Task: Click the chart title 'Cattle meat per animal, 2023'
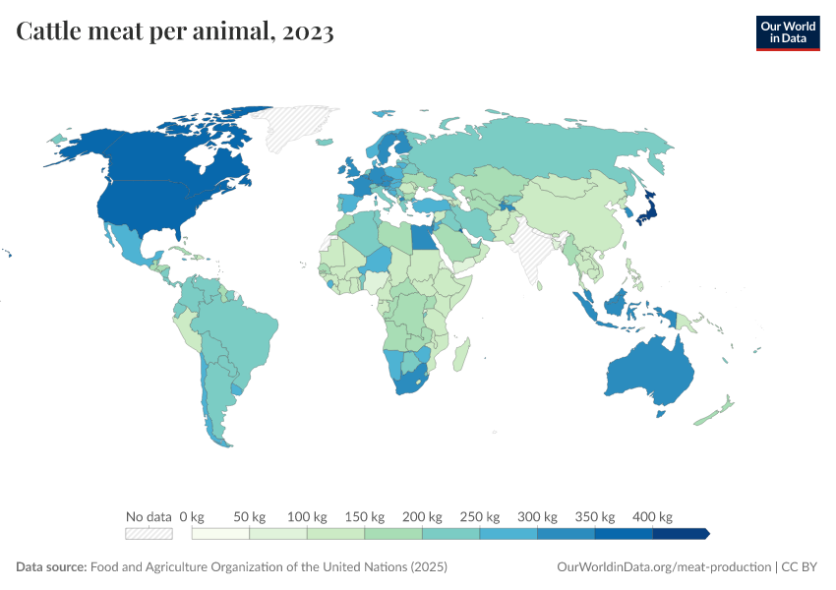pyautogui.click(x=175, y=32)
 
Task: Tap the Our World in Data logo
pyautogui.click(x=787, y=32)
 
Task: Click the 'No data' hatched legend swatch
pyautogui.click(x=149, y=533)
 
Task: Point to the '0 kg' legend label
pyautogui.click(x=191, y=516)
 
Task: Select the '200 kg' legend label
pyautogui.click(x=422, y=516)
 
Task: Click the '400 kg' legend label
pyautogui.click(x=652, y=516)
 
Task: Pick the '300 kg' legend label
pyautogui.click(x=537, y=516)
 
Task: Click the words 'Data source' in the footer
pyautogui.click(x=50, y=567)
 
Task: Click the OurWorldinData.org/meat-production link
pyautogui.click(x=664, y=567)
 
